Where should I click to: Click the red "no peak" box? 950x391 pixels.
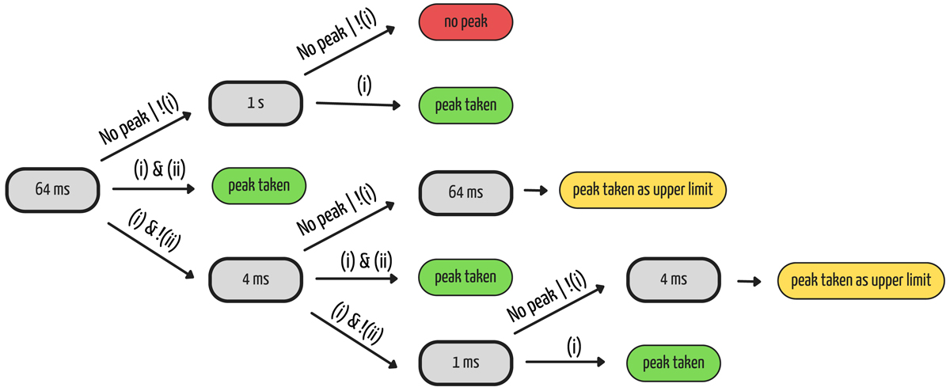pyautogui.click(x=465, y=21)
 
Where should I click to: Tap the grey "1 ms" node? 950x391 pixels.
pyautogui.click(x=465, y=363)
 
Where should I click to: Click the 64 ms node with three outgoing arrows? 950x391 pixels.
pyautogui.click(x=53, y=190)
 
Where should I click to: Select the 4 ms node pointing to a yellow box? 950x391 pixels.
pyautogui.click(x=673, y=279)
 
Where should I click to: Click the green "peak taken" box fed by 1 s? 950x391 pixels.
pyautogui.click(x=465, y=104)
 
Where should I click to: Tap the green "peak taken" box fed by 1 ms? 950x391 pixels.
pyautogui.click(x=674, y=363)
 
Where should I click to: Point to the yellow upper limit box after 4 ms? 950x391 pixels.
pyautogui.click(x=861, y=279)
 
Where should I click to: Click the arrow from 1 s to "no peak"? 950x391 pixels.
pyautogui.click(x=349, y=51)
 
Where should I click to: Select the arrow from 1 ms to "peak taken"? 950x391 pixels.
pyautogui.click(x=565, y=363)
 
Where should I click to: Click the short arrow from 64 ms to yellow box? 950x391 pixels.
pyautogui.click(x=536, y=191)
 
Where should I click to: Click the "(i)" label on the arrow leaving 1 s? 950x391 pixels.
pyautogui.click(x=363, y=85)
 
